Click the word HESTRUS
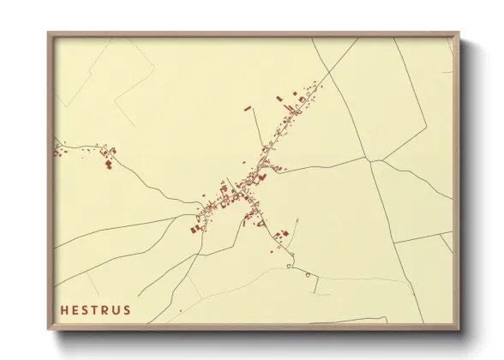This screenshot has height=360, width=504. click(94, 309)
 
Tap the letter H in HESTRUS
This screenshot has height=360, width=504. click(63, 309)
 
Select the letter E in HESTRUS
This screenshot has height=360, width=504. click(75, 309)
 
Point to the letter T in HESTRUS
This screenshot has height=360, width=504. click(95, 309)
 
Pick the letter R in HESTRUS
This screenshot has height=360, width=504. click(105, 309)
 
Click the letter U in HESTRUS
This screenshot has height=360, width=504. click(117, 309)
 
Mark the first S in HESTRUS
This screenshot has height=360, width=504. click(85, 309)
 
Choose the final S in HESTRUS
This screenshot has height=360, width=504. click(127, 309)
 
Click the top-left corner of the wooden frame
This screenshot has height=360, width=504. click(48, 33)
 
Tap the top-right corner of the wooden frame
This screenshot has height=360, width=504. click(459, 33)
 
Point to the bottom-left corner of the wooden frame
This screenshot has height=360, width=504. click(48, 330)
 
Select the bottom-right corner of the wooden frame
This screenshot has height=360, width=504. click(459, 330)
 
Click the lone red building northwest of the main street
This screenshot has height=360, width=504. click(249, 109)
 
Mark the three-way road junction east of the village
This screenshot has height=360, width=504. click(368, 159)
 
